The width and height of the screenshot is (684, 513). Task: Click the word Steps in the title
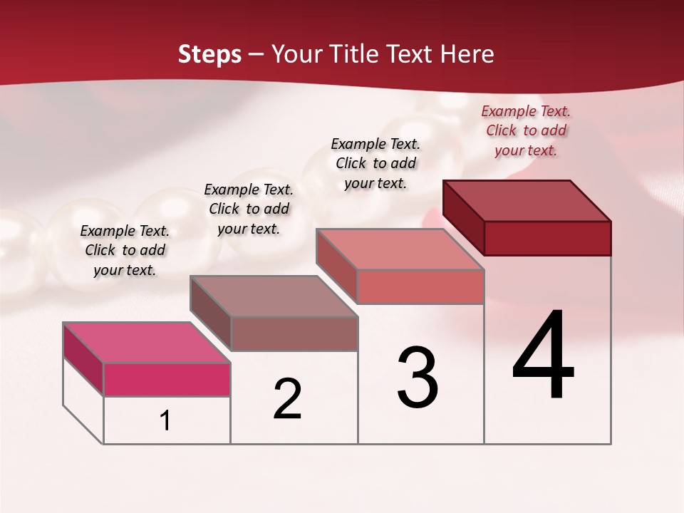(x=209, y=54)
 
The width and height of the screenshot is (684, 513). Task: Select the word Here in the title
(x=467, y=54)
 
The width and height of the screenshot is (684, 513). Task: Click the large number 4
(x=543, y=356)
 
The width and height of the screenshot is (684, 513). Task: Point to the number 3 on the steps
(x=418, y=378)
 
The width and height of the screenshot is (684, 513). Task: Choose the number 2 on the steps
(x=287, y=399)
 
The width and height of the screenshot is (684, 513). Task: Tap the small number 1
(x=165, y=421)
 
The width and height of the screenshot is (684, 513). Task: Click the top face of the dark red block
(x=527, y=200)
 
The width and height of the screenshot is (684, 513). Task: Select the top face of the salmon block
(x=400, y=249)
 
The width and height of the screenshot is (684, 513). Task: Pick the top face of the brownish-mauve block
(x=274, y=296)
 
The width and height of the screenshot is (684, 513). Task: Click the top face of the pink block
(x=147, y=342)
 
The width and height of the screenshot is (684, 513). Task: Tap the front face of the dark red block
(x=547, y=238)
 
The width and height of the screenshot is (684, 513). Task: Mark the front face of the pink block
(x=167, y=379)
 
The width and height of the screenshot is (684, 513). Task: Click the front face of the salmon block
(x=420, y=286)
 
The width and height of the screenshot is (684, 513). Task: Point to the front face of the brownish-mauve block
(x=294, y=333)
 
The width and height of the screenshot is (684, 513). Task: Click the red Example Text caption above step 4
(x=526, y=130)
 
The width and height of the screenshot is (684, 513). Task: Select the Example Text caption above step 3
(x=375, y=163)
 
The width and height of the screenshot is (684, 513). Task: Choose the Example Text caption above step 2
(x=249, y=209)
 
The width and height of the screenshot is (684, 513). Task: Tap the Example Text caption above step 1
(x=125, y=250)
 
